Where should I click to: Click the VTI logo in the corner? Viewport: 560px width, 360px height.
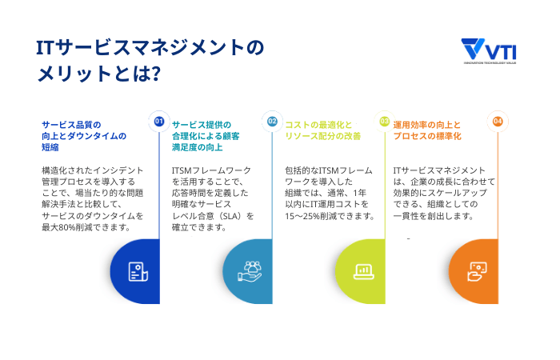490,51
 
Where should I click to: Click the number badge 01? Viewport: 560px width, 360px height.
158,122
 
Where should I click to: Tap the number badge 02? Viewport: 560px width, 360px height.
272,122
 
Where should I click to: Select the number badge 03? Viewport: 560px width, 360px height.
384,122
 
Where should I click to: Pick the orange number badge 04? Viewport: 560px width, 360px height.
498,122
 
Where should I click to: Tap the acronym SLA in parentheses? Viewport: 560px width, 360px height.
226,216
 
